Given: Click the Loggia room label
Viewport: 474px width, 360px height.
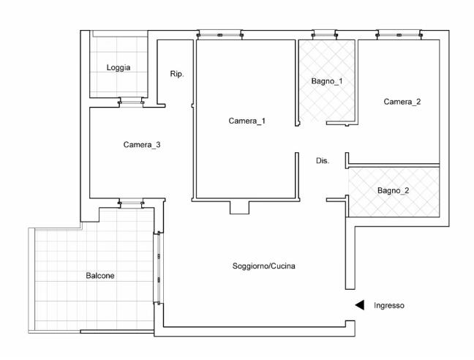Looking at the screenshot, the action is [118, 67].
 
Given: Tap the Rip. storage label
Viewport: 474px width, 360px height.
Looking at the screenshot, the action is [177, 74].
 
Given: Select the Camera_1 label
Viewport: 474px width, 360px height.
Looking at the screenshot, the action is [247, 121].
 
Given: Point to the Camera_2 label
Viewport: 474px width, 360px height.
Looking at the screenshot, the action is [402, 102].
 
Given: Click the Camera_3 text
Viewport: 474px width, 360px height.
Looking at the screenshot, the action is [142, 144].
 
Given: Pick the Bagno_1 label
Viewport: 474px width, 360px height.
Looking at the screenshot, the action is [327, 81].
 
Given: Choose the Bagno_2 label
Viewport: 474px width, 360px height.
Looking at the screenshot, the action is [394, 190].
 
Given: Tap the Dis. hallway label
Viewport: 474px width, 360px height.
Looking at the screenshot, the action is [323, 161].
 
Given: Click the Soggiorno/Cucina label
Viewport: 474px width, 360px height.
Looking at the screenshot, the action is [263, 266].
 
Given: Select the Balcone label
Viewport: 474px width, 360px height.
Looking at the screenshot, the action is [100, 276].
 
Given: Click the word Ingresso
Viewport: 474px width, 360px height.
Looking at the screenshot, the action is [389, 305].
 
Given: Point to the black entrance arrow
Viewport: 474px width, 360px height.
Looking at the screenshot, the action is [359, 305].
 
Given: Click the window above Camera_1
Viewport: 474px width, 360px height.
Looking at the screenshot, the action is [219, 35].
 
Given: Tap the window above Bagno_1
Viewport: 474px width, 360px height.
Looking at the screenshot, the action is [325, 35].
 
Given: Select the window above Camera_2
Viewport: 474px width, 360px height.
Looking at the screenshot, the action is [399, 35].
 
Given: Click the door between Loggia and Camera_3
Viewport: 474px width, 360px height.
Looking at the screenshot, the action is [131, 102].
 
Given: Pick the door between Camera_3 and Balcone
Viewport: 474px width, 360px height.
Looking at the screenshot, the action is [131, 203].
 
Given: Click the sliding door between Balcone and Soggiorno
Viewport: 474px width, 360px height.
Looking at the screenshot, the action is [159, 268].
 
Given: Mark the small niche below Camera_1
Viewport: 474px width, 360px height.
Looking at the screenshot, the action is [239, 207].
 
